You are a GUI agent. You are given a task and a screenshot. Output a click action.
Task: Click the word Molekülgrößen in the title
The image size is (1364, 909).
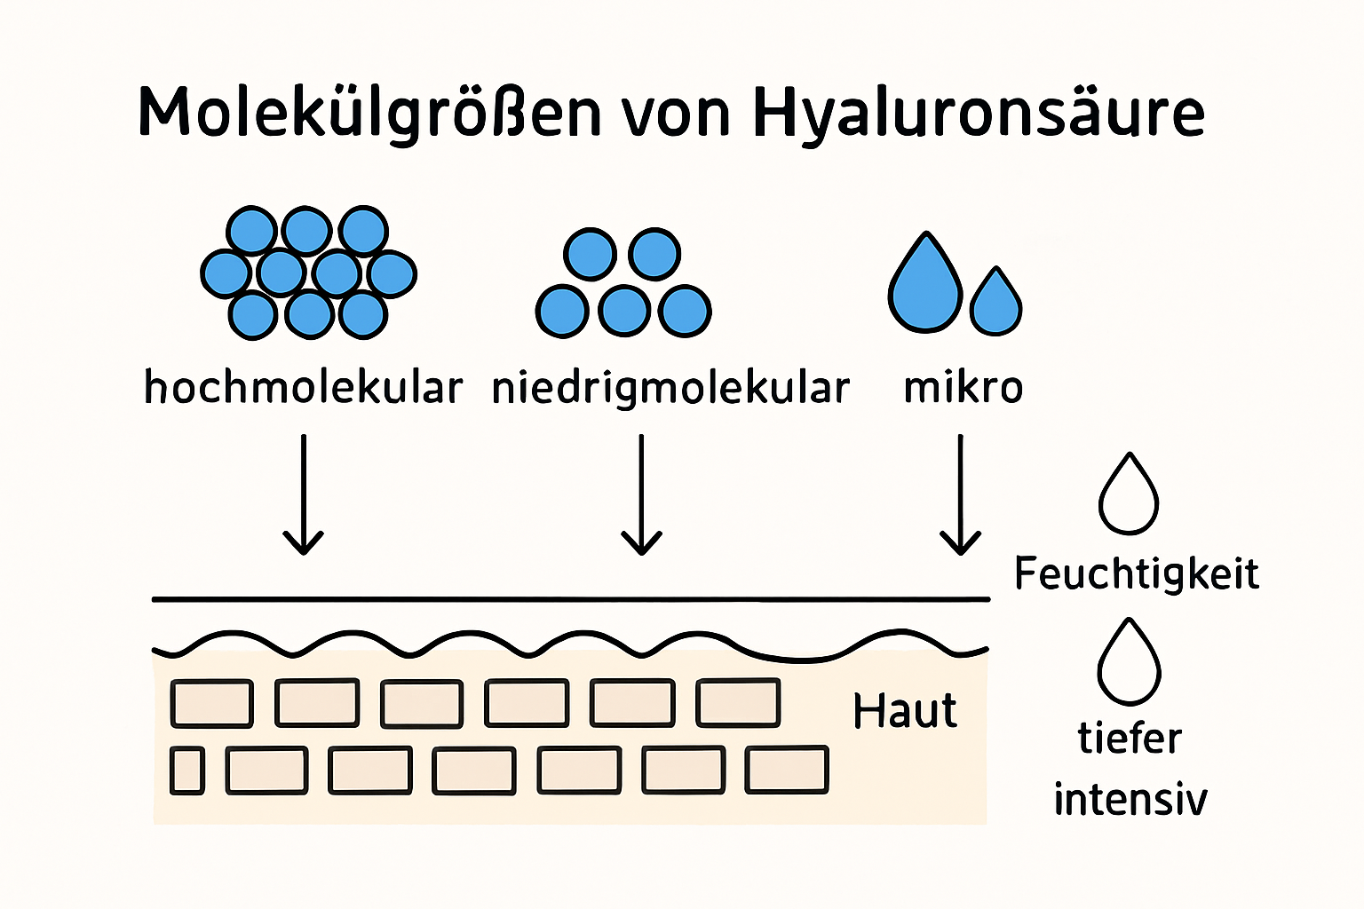pyautogui.click(x=369, y=114)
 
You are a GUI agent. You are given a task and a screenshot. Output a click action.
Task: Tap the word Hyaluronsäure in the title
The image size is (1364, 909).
pyautogui.click(x=978, y=114)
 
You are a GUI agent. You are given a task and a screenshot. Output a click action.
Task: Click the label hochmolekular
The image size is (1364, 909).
pyautogui.click(x=303, y=388)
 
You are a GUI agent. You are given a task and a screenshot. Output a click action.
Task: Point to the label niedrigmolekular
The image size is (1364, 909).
pyautogui.click(x=670, y=388)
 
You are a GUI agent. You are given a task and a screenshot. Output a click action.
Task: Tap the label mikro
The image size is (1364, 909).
pyautogui.click(x=963, y=388)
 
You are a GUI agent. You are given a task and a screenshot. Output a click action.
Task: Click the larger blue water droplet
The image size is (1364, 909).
pyautogui.click(x=925, y=286)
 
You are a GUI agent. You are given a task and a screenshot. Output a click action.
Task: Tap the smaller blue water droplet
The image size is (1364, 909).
pyautogui.click(x=995, y=304)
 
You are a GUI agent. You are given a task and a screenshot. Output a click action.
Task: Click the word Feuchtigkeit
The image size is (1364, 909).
pyautogui.click(x=1136, y=573)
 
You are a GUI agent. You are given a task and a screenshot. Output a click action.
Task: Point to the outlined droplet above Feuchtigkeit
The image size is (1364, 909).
pyautogui.click(x=1129, y=496)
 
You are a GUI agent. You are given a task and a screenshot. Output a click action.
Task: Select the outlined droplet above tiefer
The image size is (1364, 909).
pyautogui.click(x=1129, y=663)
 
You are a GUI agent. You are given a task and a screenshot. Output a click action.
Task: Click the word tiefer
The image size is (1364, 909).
pyautogui.click(x=1130, y=738)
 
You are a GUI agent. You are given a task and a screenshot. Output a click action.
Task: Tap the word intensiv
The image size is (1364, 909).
pyautogui.click(x=1130, y=798)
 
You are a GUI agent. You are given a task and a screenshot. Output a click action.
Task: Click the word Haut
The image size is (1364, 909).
pyautogui.click(x=905, y=710)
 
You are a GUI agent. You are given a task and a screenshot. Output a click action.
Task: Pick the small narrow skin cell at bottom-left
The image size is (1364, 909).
pyautogui.click(x=186, y=770)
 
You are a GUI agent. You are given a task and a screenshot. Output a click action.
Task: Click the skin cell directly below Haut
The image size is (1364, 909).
pyautogui.click(x=787, y=770)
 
